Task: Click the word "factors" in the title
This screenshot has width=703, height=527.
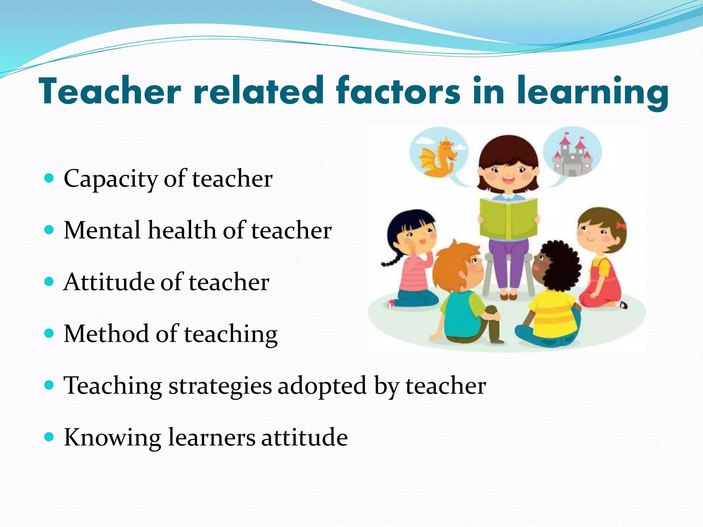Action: (398, 91)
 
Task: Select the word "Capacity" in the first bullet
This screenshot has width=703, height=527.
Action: (110, 179)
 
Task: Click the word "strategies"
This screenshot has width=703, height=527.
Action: (220, 386)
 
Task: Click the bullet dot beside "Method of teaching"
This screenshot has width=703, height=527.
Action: (49, 333)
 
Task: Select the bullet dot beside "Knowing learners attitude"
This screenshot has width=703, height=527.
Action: (49, 437)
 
